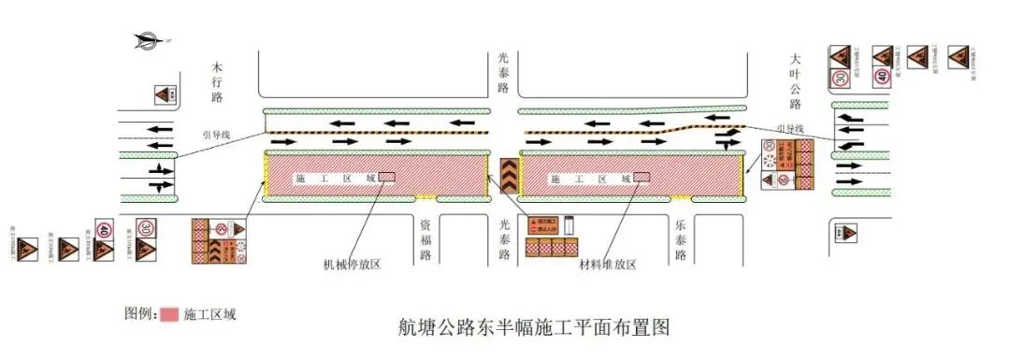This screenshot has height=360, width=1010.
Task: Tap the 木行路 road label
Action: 217,82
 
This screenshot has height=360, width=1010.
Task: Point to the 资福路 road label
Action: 425,239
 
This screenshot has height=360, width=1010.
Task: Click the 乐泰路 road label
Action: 680,239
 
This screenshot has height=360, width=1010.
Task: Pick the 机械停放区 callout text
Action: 353,265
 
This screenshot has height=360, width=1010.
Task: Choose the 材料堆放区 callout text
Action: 607,266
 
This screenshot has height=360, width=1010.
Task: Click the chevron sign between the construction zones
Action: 506,174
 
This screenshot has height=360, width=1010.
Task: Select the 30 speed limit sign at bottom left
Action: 147,228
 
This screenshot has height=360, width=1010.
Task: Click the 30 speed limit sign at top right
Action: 840,77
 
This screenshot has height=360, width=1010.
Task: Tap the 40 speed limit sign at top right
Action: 882,77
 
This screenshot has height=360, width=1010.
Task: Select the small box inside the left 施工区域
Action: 387,177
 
